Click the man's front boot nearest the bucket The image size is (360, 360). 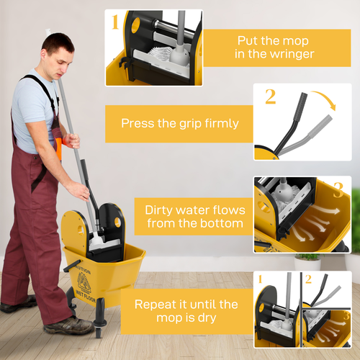pyautogui.click(x=68, y=325)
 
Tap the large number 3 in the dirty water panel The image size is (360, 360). pyautogui.click(x=338, y=189)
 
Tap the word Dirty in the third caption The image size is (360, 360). pyautogui.click(x=161, y=210)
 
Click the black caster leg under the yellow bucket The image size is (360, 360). pyautogui.click(x=99, y=328)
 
